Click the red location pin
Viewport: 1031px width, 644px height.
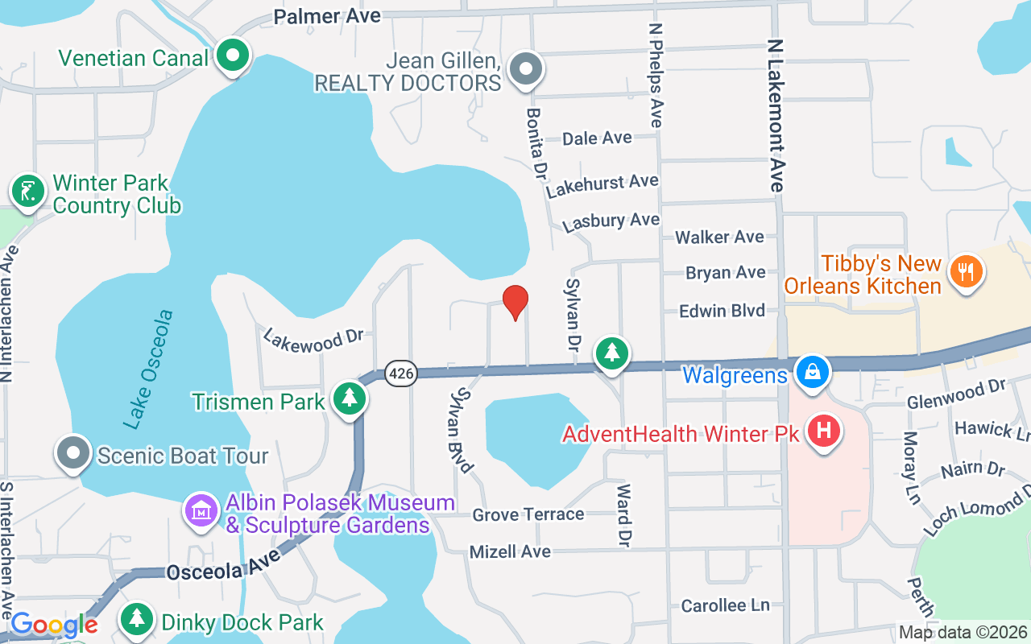(x=515, y=302)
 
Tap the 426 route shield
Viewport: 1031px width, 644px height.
(x=400, y=374)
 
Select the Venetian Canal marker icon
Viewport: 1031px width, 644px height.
(x=234, y=57)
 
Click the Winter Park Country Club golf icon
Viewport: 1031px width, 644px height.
(x=28, y=192)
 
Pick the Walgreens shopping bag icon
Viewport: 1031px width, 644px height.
(x=813, y=373)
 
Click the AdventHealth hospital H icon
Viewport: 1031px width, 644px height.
(x=824, y=431)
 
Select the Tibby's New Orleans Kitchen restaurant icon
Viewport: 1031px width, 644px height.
(x=965, y=271)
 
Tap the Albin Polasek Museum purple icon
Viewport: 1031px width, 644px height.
(x=201, y=510)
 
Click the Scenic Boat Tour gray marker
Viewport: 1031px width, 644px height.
(x=73, y=452)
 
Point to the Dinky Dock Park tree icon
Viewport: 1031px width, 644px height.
(x=138, y=618)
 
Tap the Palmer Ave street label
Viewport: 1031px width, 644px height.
(x=327, y=16)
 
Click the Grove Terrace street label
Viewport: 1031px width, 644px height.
(x=528, y=514)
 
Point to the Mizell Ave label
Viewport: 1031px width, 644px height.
(x=511, y=551)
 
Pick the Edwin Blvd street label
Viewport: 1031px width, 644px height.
(x=722, y=311)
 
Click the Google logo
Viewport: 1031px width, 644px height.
(x=53, y=625)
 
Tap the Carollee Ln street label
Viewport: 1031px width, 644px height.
(x=726, y=605)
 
